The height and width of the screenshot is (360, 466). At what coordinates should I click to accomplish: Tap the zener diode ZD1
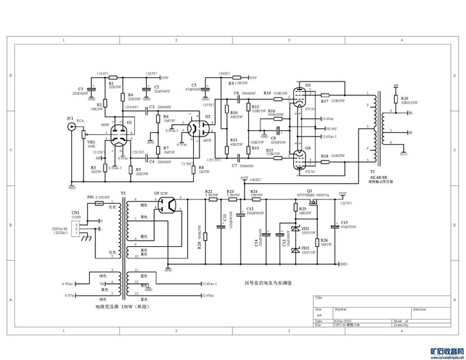[x=295, y=229]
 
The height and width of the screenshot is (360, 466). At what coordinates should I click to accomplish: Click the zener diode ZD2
[x=295, y=248]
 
